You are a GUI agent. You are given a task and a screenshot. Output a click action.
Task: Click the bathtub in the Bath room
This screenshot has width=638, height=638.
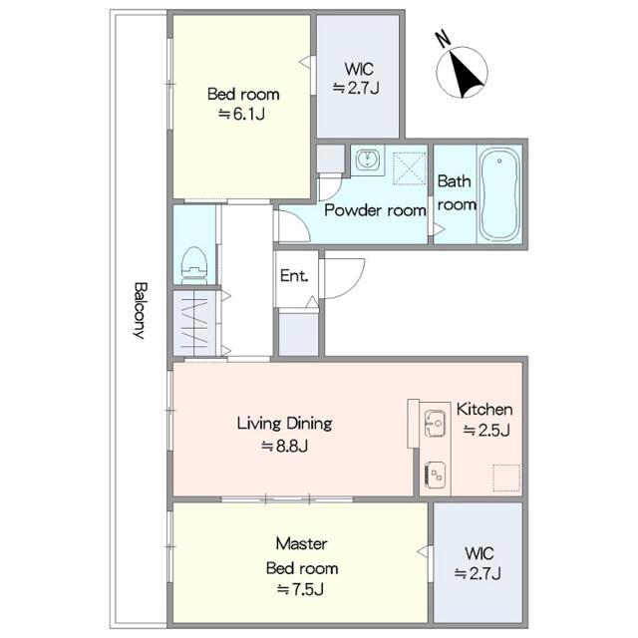coord(498,194)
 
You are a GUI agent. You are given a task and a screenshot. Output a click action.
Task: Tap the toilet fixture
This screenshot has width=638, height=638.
coord(193,266)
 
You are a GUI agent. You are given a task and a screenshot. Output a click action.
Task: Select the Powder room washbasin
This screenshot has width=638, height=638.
coord(368,159)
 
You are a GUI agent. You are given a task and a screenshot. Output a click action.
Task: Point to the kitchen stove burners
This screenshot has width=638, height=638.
coord(435,475)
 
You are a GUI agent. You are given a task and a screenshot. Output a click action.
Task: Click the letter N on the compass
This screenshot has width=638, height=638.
coord(443,38)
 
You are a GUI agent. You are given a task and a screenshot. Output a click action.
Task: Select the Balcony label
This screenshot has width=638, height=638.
coord(141,310)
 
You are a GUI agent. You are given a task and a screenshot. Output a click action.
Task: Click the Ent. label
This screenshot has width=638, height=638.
coord(294,276)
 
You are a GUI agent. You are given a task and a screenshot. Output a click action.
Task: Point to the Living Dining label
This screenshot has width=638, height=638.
coord(284,423)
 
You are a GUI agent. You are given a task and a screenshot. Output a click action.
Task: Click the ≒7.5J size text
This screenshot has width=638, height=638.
coord(301,589)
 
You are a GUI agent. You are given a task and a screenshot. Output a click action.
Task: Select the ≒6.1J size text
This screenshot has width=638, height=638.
coord(241,114)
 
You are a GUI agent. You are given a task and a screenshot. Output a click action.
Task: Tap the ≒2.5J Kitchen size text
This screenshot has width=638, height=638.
coord(486,430)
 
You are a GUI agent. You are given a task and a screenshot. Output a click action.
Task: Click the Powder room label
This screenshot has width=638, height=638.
coord(375,210)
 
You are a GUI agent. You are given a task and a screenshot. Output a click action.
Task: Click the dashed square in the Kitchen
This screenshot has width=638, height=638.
coord(506,478)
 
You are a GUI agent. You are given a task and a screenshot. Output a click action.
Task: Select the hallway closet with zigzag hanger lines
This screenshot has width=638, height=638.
coord(195,323)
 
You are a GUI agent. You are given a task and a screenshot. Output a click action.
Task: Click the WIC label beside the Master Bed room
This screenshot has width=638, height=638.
coord(479,553)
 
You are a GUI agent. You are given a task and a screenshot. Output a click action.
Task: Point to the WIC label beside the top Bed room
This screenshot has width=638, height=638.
coord(359,69)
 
